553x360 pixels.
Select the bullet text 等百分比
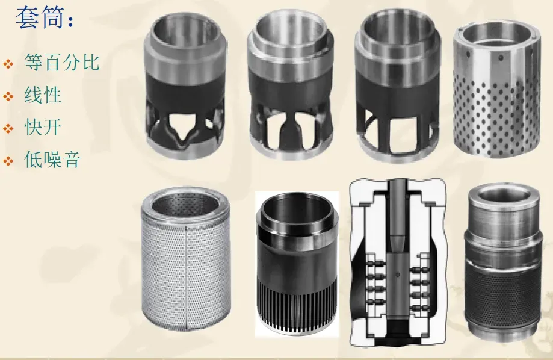pos(62,63)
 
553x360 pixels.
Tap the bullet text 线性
pos(43,95)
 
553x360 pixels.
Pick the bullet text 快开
pos(43,127)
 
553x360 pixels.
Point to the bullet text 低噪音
pos(52,159)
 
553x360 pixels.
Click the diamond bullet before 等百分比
pos(8,64)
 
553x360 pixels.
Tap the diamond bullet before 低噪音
pos(8,161)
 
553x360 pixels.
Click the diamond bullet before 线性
pos(8,96)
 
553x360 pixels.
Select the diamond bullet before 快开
pos(8,129)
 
